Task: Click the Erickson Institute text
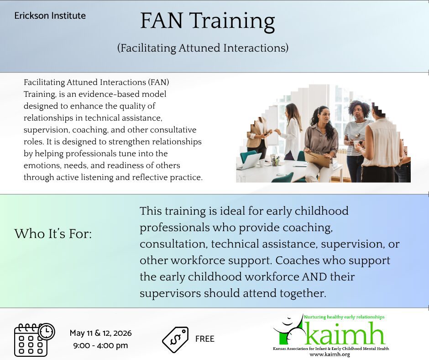[50, 16]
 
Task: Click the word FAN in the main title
[162, 21]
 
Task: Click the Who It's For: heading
[53, 234]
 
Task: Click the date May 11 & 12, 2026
[101, 333]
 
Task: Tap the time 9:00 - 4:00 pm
[101, 345]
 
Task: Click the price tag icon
[175, 339]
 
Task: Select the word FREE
[204, 339]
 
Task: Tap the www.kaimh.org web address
[330, 355]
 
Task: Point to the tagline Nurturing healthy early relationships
[344, 317]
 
